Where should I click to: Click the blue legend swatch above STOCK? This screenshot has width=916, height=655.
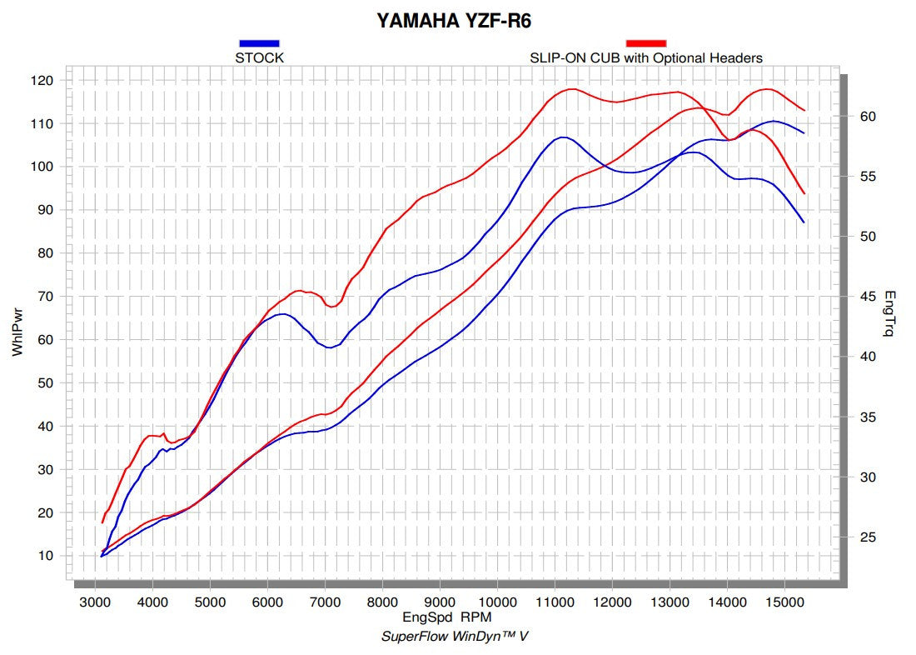pos(259,42)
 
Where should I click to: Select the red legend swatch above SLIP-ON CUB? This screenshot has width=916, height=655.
pos(645,42)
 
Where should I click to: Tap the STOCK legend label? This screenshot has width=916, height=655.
pos(259,58)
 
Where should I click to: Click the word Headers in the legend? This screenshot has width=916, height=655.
pos(736,58)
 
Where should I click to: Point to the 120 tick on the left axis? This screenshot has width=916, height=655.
pos(43,81)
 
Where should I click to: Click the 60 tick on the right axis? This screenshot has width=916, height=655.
pos(868,117)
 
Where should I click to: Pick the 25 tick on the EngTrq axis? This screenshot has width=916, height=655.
pos(868,537)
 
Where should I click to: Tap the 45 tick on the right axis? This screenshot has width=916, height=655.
pos(868,297)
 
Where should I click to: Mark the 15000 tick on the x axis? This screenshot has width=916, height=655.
pos(784,601)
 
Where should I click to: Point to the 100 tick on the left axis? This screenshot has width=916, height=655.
pos(43,167)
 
